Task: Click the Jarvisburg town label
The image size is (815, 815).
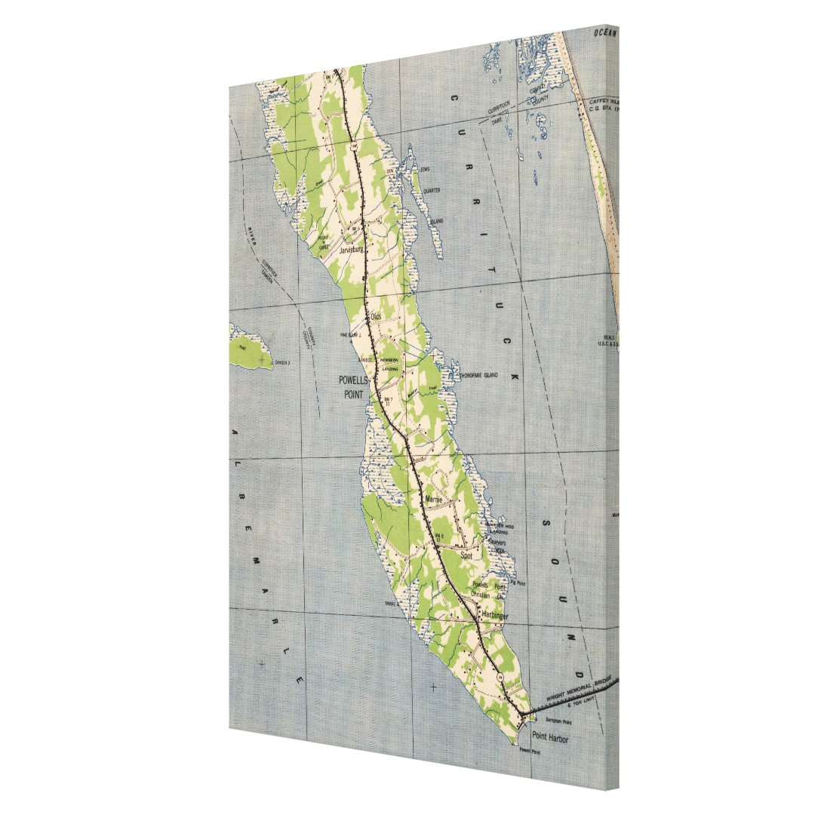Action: [x=352, y=249]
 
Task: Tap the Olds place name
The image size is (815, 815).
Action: [x=375, y=316]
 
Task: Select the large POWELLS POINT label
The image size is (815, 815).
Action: [x=352, y=388]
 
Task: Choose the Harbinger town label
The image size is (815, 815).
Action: [x=495, y=617]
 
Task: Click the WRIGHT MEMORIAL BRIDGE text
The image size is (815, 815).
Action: [x=574, y=690]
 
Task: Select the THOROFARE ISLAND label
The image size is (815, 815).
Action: [x=478, y=374]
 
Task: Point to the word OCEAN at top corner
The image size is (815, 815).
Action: [x=605, y=32]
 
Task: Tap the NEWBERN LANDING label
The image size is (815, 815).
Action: [x=389, y=364]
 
